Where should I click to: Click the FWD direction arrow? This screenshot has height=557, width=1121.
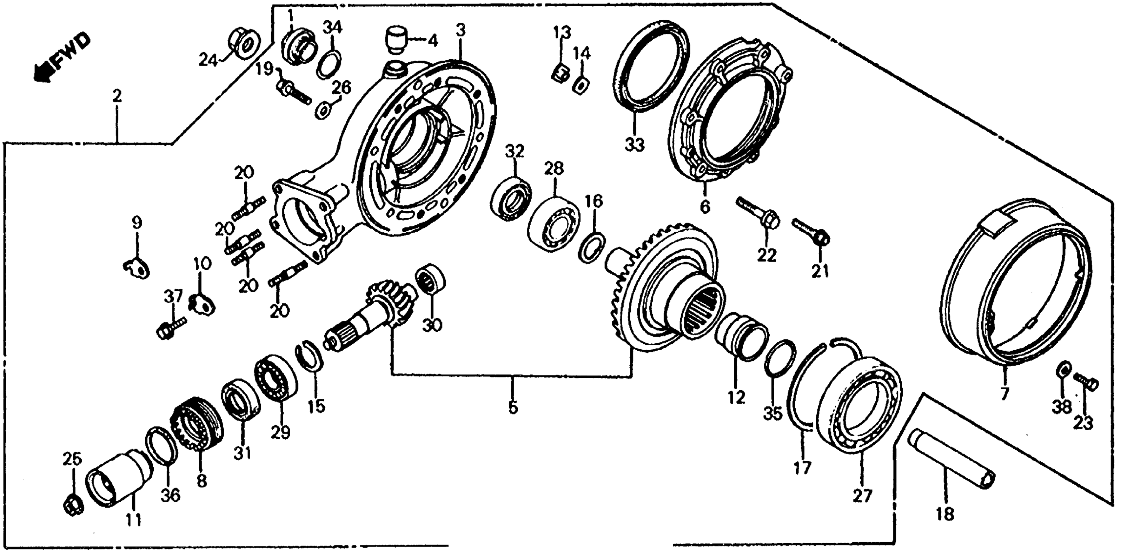(x=61, y=59)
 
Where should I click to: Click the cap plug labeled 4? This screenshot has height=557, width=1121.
(x=395, y=40)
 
